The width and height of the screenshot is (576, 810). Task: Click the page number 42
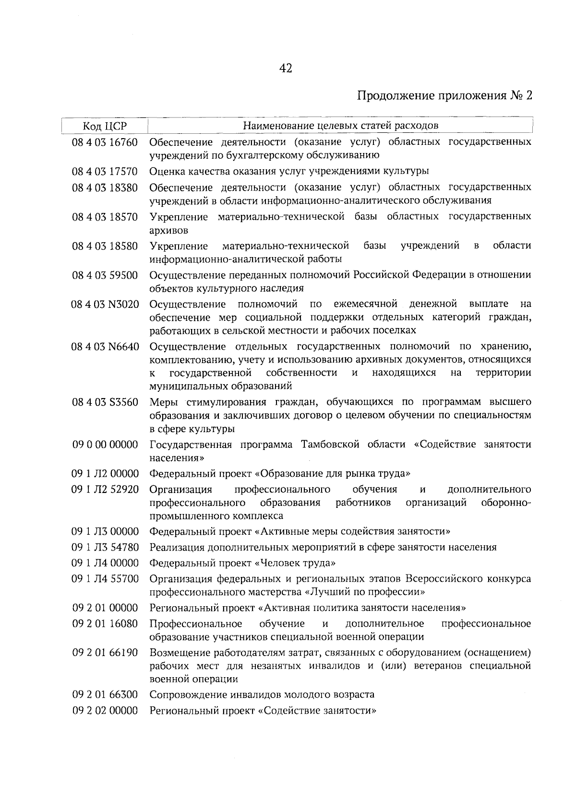[x=285, y=69]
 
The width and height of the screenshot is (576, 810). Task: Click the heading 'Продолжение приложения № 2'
[x=445, y=95]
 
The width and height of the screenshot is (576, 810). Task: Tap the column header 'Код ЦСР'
[x=105, y=126]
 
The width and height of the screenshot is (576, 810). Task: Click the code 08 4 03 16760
[x=105, y=142]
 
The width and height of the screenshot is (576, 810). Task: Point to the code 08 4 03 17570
[x=105, y=171]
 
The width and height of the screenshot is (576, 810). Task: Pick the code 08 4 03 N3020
[x=105, y=304]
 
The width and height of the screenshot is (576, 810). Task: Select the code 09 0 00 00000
[x=105, y=445]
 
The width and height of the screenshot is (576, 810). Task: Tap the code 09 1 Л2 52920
[x=105, y=490]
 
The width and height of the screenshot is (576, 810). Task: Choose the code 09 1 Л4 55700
[x=105, y=579]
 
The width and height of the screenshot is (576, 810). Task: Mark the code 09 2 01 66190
[x=105, y=653]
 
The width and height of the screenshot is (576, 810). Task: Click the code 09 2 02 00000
[x=105, y=710]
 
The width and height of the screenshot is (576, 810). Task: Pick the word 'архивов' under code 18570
[x=168, y=230]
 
